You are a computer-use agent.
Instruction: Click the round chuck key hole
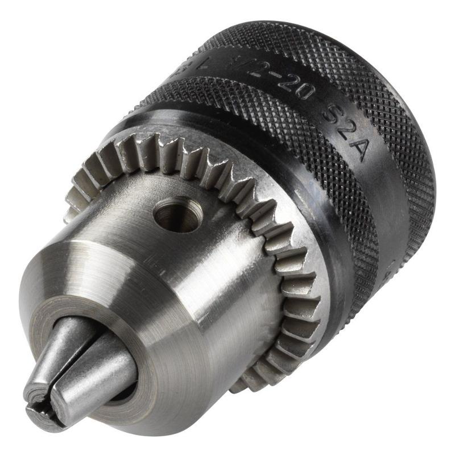point(175,215)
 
